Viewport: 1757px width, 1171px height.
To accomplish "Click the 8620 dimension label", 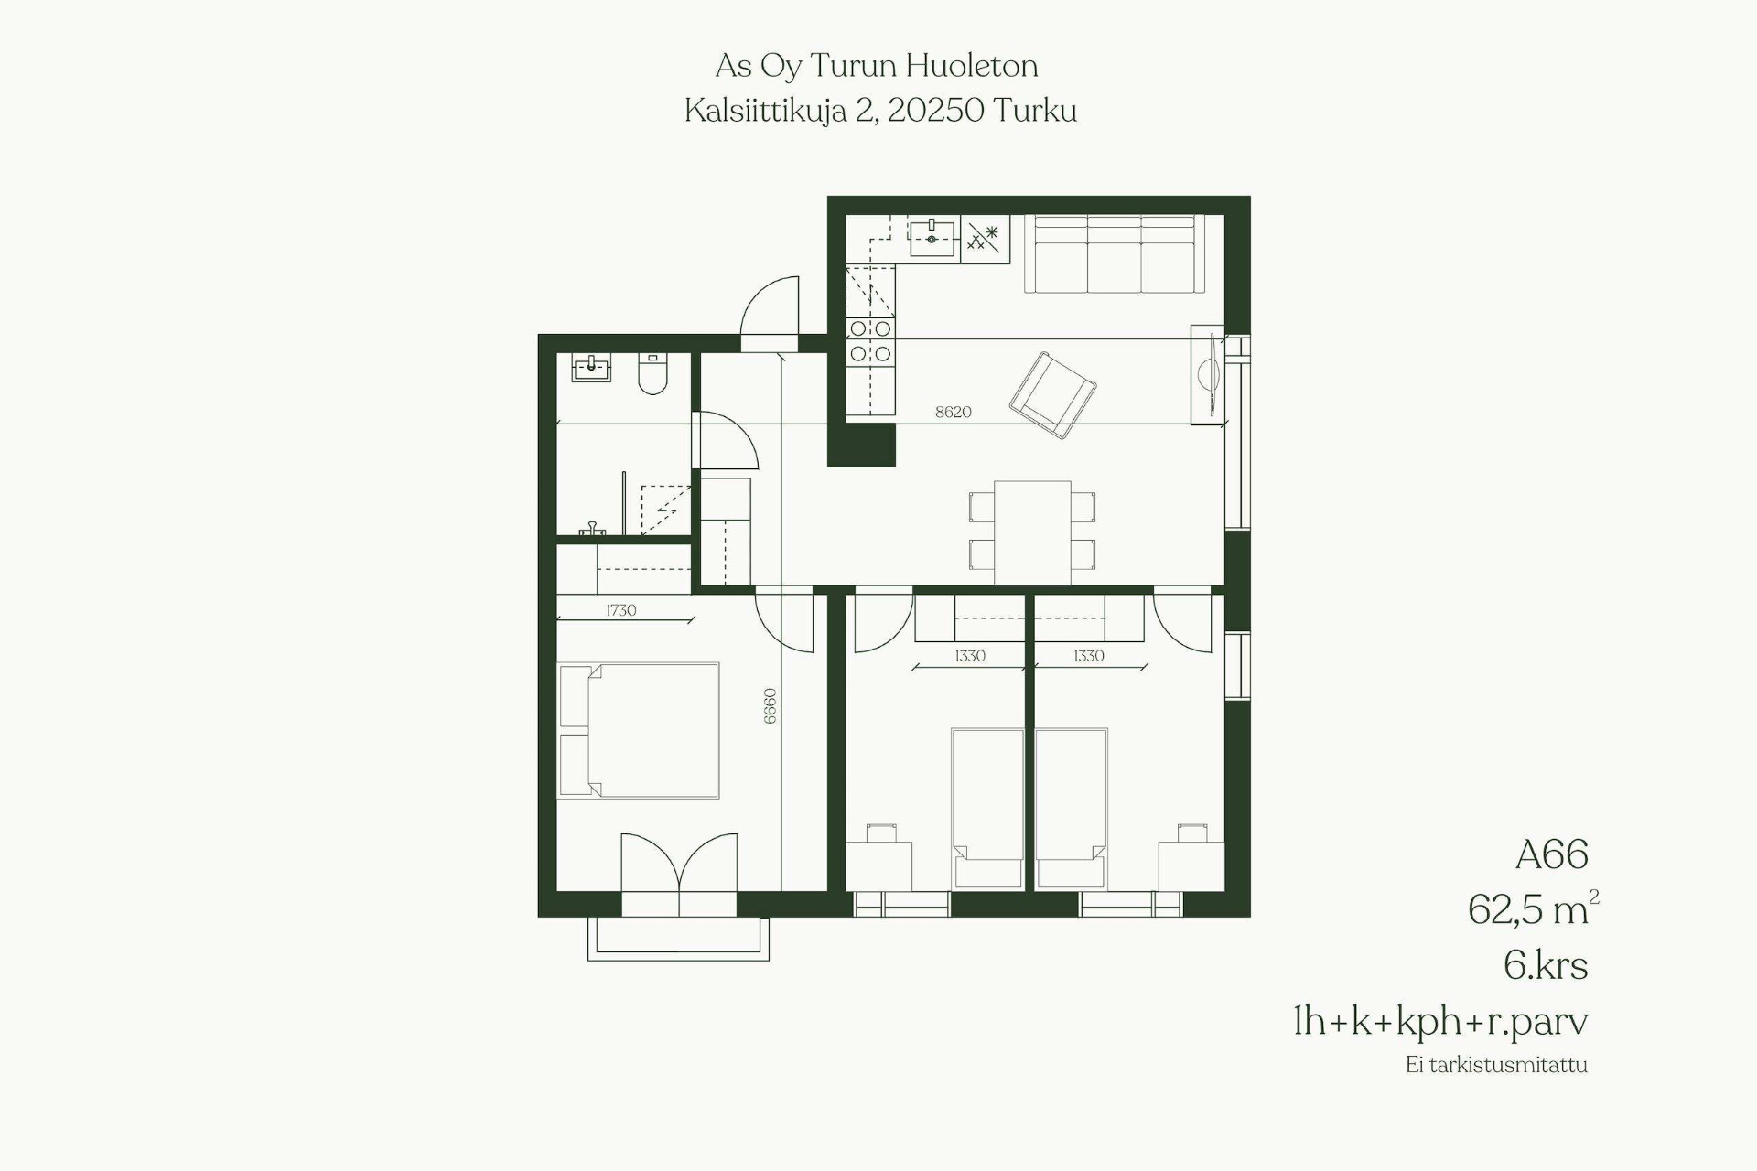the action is point(953,413).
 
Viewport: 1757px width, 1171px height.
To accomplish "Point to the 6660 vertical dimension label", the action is point(770,706).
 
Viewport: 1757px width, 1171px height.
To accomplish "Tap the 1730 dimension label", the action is point(620,610).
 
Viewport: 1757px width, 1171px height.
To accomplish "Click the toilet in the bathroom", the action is point(652,373).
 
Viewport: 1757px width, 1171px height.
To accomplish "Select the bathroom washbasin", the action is point(591,368).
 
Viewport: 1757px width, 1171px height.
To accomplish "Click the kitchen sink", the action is point(932,238).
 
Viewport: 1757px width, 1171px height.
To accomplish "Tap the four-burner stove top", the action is point(870,340).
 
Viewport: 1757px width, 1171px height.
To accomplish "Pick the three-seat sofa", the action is point(1114,253).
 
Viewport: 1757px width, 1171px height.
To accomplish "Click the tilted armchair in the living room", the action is point(1053,394).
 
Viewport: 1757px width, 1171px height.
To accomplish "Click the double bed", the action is point(639,731).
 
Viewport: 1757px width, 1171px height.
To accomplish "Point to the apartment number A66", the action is point(1551,854).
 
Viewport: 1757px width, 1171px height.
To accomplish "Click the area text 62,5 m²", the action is point(1533,908).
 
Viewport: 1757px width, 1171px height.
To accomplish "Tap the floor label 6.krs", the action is point(1546,965).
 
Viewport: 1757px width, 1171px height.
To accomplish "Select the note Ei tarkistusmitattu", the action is point(1496,1065).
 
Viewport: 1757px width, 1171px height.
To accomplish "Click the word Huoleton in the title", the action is point(972,66).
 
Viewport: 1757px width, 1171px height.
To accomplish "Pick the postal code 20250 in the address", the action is point(935,111).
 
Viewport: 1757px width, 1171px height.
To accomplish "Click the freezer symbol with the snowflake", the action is point(985,238).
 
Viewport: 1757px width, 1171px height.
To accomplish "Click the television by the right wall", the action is point(1209,374).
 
